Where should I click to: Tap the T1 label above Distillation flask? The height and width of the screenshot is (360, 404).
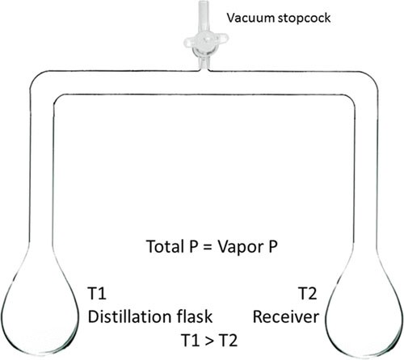click(97, 293)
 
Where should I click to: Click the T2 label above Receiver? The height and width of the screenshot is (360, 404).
click(307, 293)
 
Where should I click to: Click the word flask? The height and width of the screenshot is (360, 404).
click(195, 316)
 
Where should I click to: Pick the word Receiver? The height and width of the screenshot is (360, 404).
click(286, 316)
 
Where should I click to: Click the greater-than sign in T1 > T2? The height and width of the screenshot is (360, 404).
click(209, 341)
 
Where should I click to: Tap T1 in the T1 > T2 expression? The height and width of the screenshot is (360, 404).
click(191, 340)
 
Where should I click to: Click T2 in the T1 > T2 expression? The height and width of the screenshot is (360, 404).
click(228, 340)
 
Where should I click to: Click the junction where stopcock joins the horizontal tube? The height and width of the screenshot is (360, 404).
click(204, 70)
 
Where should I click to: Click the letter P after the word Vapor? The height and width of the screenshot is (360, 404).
click(273, 246)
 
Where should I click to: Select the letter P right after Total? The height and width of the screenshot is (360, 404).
click(193, 246)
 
